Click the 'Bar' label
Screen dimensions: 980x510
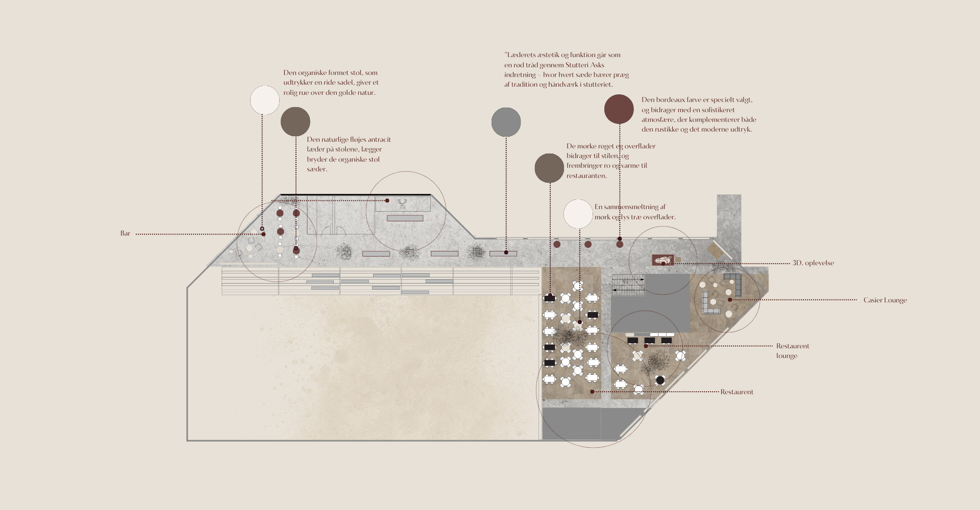125,234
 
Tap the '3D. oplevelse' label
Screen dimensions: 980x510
813,263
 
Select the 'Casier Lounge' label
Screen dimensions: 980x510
885,300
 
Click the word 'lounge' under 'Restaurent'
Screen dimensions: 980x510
787,356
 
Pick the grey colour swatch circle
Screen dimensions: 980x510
506,122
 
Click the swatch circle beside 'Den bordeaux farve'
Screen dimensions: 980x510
619,109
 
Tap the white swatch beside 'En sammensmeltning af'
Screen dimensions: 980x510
578,214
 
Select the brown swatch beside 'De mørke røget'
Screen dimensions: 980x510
549,168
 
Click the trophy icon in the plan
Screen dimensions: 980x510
403,204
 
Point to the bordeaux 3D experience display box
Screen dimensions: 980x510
663,260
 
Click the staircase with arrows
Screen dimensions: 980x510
628,284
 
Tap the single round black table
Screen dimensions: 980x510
660,380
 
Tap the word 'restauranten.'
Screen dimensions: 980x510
586,176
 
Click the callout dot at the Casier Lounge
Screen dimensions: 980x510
730,300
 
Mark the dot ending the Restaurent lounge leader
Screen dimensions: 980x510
646,346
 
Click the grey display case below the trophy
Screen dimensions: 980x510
405,218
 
